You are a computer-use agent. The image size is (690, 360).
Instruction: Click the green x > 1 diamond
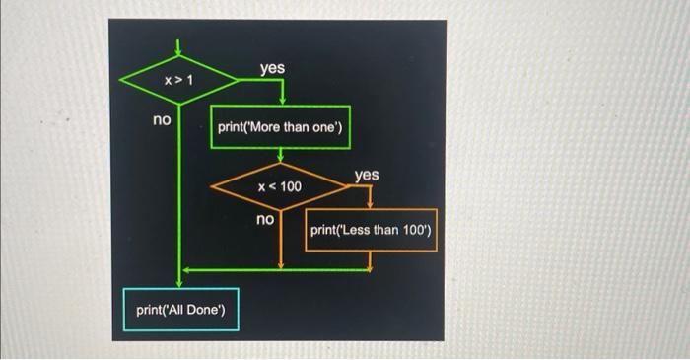pyautogui.click(x=178, y=77)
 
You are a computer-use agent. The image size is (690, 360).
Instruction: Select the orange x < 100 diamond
pyautogui.click(x=280, y=186)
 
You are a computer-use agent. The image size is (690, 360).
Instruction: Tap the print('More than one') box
pyautogui.click(x=280, y=127)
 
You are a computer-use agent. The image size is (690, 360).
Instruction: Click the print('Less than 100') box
pyautogui.click(x=371, y=230)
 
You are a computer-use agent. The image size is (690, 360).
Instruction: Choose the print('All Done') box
pyautogui.click(x=180, y=312)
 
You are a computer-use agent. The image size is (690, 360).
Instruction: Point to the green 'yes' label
pyautogui.click(x=272, y=67)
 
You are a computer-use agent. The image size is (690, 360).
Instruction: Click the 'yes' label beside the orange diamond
pyautogui.click(x=366, y=175)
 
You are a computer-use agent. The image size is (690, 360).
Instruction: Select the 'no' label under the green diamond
pyautogui.click(x=161, y=119)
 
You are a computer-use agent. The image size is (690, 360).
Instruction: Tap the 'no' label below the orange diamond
pyautogui.click(x=265, y=218)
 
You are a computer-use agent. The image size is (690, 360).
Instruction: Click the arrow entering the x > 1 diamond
pyautogui.click(x=178, y=48)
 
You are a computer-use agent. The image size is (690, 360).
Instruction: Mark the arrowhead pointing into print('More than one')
pyautogui.click(x=282, y=101)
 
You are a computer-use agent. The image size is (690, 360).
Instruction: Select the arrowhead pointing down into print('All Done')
pyautogui.click(x=179, y=279)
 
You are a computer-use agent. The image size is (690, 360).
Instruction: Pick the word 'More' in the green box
pyautogui.click(x=257, y=127)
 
